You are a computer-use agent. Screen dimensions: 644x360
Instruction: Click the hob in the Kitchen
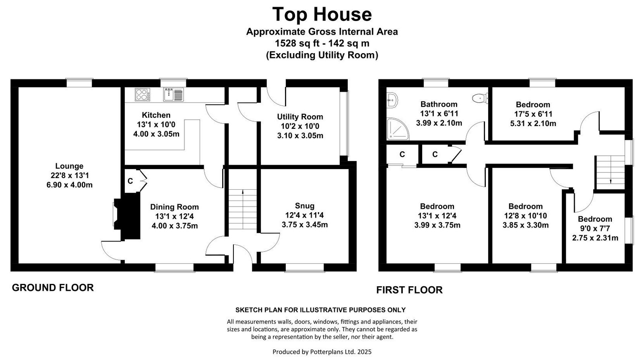[142, 95]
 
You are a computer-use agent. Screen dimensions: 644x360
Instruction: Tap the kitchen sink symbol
[173, 95]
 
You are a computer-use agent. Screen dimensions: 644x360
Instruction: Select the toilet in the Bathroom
[480, 98]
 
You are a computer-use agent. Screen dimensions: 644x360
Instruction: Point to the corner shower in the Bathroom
[398, 129]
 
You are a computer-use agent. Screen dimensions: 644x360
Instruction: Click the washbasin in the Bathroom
[392, 100]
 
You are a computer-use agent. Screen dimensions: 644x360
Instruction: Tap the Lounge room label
[69, 166]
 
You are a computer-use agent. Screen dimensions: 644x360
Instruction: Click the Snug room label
[305, 206]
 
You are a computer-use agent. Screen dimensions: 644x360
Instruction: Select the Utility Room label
[300, 117]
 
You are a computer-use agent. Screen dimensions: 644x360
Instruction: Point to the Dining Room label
[175, 207]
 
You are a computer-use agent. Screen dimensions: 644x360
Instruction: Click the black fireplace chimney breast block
[128, 216]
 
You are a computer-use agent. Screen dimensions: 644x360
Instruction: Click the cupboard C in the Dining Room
[130, 181]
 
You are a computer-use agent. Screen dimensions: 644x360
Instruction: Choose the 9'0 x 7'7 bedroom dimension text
[595, 229]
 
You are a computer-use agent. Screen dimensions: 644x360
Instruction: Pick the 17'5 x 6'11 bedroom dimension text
[533, 114]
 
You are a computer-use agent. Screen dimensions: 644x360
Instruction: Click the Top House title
[322, 14]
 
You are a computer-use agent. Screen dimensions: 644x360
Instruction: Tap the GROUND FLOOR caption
[53, 288]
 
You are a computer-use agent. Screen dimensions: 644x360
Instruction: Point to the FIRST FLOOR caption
[409, 290]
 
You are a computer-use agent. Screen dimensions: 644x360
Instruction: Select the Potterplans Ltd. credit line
[322, 352]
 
